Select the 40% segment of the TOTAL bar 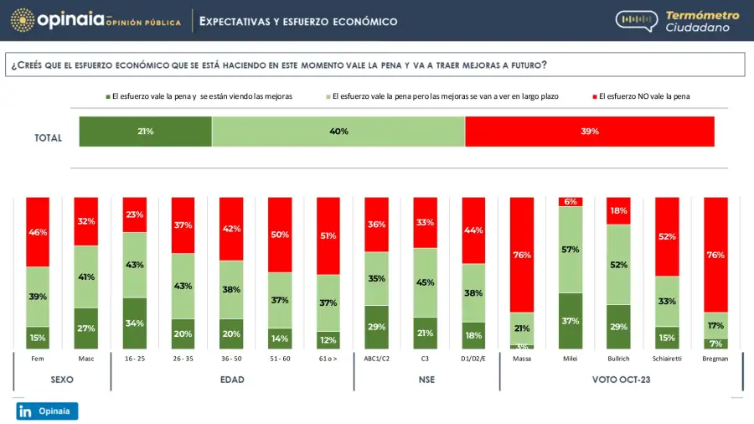[338, 132]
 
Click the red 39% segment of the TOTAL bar [590, 132]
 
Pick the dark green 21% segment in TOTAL [145, 132]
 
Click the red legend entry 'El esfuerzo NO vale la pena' [641, 96]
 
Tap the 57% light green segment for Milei [571, 250]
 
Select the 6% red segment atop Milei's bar [571, 202]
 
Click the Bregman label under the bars [715, 359]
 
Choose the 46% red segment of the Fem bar [38, 231]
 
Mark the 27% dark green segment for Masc [86, 328]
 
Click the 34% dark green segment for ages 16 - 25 [135, 323]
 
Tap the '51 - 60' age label [280, 359]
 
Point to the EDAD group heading [232, 380]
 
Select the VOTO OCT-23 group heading [622, 380]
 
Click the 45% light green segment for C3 [426, 282]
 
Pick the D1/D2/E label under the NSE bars [473, 359]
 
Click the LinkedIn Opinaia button [47, 411]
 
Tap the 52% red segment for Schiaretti [667, 237]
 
